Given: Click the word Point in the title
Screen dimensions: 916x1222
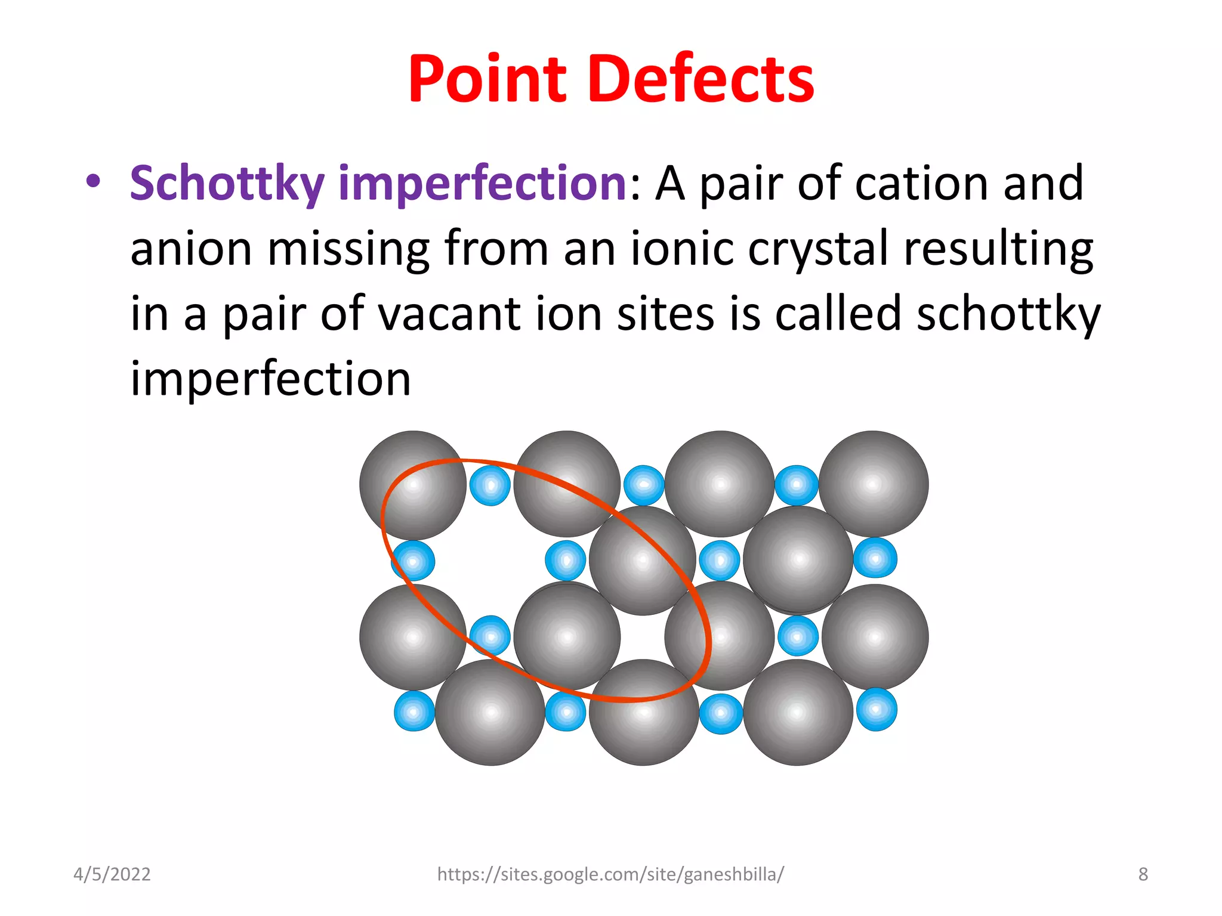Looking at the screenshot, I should click(x=487, y=80).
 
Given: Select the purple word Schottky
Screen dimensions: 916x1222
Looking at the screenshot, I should click(x=227, y=184).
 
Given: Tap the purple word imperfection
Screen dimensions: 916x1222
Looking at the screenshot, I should click(x=482, y=184).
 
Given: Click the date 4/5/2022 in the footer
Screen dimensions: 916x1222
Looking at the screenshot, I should click(x=112, y=874).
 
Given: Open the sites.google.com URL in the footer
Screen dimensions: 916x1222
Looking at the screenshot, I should click(x=610, y=874).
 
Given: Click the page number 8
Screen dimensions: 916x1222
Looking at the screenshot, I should click(x=1143, y=874).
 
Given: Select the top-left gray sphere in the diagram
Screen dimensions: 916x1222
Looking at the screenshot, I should click(x=413, y=485).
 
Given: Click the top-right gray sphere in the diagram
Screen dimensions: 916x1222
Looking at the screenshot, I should click(x=874, y=484).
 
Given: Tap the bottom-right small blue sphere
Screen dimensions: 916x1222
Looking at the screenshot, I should click(x=877, y=710).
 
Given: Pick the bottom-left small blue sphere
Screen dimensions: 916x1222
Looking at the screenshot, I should click(x=414, y=711).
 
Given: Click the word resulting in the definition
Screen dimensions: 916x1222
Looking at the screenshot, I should click(x=998, y=249).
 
